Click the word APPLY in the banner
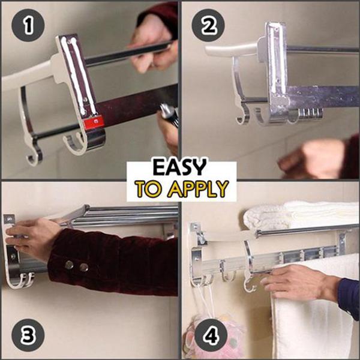click(x=199, y=189)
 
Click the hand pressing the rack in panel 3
click(x=33, y=237)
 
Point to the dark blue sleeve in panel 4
click(x=348, y=297)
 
